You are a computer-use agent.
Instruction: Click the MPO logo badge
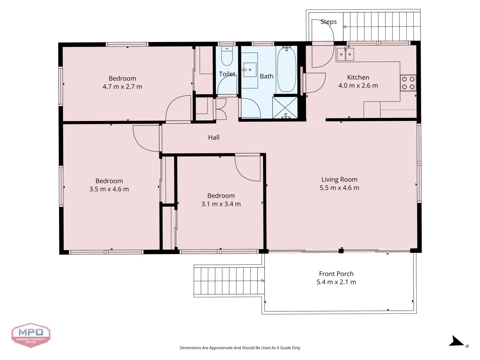31,335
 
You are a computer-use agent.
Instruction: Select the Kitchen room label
358,77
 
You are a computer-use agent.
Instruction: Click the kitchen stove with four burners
408,83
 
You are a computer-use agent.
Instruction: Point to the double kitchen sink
345,54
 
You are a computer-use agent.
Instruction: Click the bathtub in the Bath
286,70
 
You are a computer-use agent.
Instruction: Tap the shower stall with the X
285,108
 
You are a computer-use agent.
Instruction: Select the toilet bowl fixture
227,56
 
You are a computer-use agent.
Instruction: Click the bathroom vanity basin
250,70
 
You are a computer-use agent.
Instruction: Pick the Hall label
214,137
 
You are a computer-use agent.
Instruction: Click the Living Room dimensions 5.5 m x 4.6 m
339,188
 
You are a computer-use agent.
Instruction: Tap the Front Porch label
336,274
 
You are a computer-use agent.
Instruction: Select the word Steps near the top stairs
328,22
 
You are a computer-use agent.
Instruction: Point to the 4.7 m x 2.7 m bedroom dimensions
122,87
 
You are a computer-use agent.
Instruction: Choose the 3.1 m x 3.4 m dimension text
221,204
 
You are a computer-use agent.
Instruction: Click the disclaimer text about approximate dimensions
240,348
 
